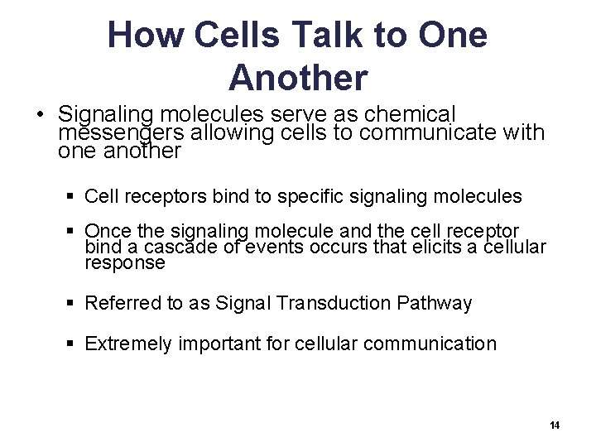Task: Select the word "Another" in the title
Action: point(298,78)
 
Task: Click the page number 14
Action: point(555,425)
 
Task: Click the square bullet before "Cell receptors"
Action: point(72,197)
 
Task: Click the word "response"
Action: point(125,263)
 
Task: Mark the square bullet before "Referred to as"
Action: point(72,304)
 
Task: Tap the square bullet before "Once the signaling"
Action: point(72,231)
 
